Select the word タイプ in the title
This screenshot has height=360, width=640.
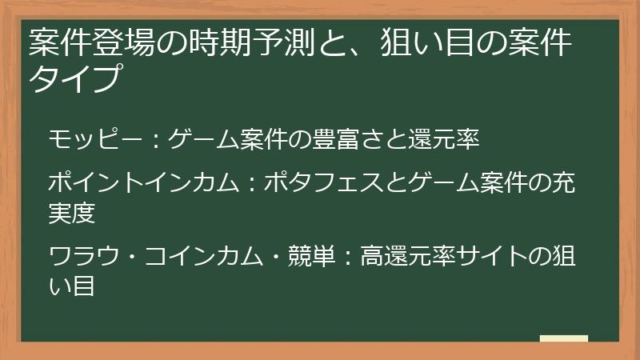(x=77, y=79)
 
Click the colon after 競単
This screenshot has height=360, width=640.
(x=350, y=258)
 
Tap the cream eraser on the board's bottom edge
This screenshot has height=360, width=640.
(x=563, y=339)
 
